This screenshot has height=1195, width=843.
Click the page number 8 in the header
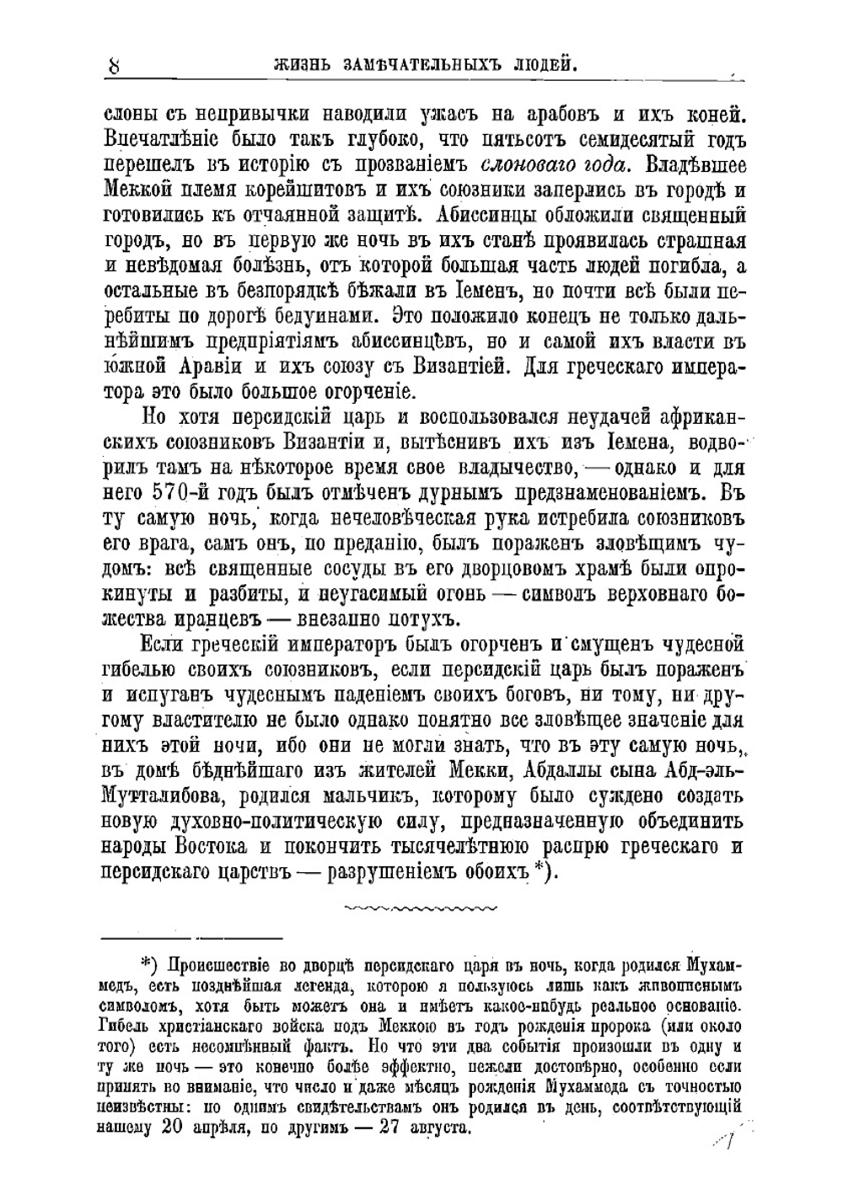tap(114, 65)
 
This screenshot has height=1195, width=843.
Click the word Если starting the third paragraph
tap(163, 646)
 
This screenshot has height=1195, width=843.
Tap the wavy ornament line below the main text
tap(421, 907)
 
